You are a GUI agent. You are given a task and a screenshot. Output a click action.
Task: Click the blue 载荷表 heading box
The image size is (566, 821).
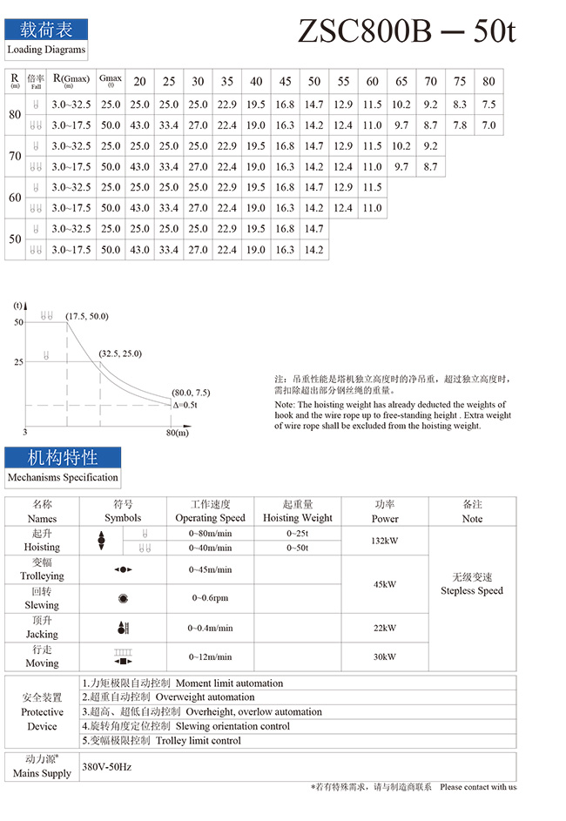(46, 30)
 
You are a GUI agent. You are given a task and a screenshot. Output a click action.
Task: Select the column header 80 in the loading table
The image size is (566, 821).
(489, 81)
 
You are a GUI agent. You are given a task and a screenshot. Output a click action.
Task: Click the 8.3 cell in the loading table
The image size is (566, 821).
(460, 104)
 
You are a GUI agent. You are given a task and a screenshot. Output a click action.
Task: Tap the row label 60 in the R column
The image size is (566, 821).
(15, 198)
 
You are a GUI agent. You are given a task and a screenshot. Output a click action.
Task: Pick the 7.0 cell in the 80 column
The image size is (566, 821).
(489, 125)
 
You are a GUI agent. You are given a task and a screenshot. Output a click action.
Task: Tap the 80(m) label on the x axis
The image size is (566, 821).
(177, 433)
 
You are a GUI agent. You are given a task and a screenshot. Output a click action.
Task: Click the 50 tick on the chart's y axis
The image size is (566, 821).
(18, 322)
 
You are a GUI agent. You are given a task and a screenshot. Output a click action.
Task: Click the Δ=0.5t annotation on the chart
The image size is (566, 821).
(185, 405)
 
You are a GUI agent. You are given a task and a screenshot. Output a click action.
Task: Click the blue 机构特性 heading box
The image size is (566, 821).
(63, 457)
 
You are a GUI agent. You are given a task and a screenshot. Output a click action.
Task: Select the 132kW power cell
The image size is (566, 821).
(385, 541)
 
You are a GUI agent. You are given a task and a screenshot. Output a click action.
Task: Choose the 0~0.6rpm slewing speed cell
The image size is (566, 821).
(210, 598)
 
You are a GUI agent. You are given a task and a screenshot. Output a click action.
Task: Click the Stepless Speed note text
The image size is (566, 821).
(472, 590)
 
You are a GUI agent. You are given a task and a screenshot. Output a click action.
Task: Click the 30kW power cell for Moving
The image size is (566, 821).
(385, 656)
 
